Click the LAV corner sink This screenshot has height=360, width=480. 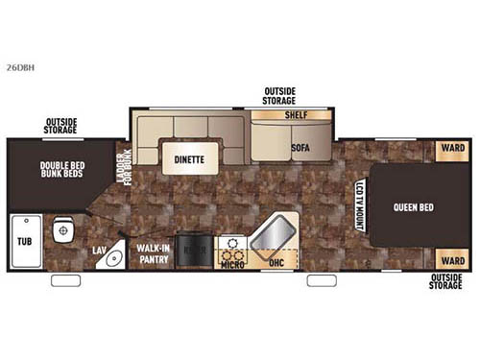tap(112, 256)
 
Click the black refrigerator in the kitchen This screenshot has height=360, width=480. tap(194, 249)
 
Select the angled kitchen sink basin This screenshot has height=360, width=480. tap(276, 232)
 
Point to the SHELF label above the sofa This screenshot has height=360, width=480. tap(294, 115)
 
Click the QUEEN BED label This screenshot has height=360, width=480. tap(412, 205)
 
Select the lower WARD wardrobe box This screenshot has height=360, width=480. tap(451, 260)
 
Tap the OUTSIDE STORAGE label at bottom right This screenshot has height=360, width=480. tap(447, 281)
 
